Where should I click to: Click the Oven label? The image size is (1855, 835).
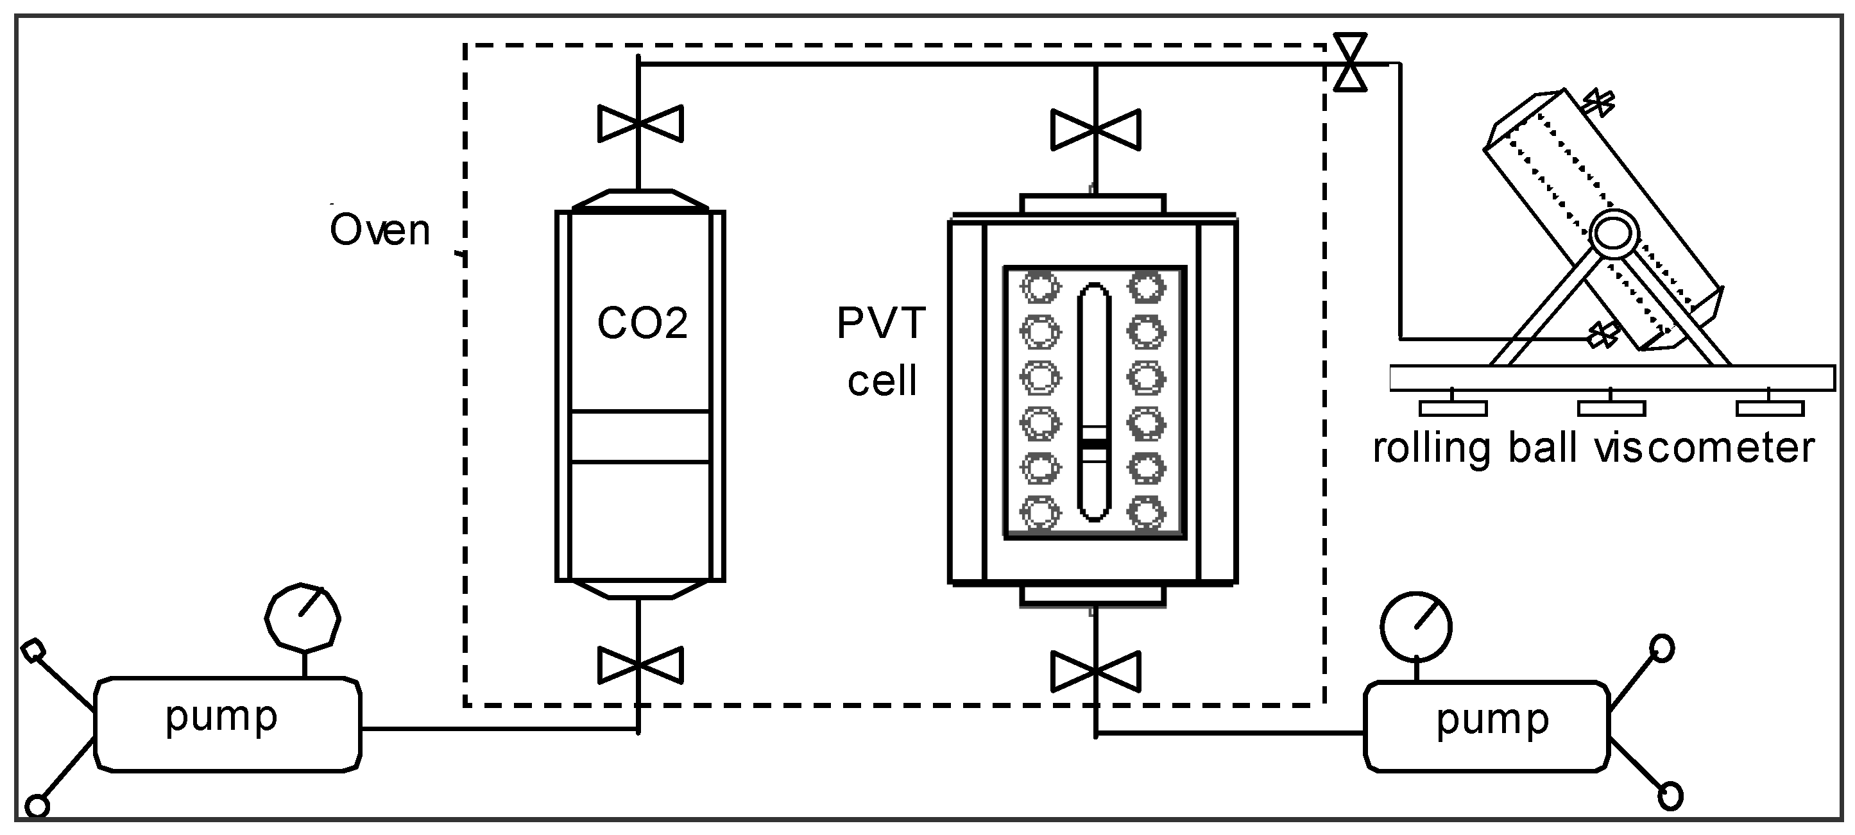click(x=379, y=231)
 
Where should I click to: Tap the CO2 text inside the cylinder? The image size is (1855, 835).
click(x=642, y=323)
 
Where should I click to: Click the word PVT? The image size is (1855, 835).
click(x=881, y=323)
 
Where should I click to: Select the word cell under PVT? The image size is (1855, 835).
click(x=882, y=381)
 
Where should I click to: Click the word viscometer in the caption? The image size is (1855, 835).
click(x=1704, y=448)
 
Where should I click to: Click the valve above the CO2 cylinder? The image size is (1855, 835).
click(x=640, y=124)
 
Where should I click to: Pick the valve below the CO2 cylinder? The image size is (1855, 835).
click(x=640, y=666)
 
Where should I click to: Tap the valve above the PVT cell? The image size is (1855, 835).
click(x=1095, y=130)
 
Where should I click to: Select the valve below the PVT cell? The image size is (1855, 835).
click(x=1095, y=671)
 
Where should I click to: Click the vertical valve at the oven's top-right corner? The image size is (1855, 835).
click(x=1349, y=63)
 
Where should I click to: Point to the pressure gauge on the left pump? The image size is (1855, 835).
click(x=302, y=618)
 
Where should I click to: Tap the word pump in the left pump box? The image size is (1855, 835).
click(x=221, y=717)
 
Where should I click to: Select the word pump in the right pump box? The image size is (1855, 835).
click(x=1492, y=720)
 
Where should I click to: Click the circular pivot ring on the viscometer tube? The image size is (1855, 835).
click(x=1614, y=235)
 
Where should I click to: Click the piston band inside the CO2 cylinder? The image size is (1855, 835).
click(x=640, y=436)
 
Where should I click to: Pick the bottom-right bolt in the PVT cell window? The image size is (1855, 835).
click(x=1147, y=513)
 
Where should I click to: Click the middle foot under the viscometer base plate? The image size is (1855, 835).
click(x=1611, y=407)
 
